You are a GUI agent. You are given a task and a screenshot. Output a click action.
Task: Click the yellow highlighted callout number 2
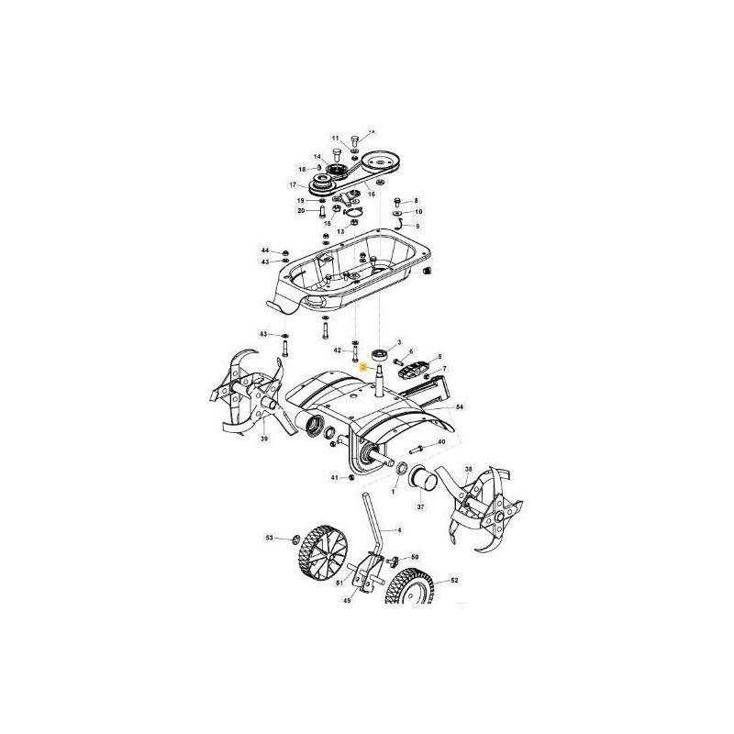tap(363, 364)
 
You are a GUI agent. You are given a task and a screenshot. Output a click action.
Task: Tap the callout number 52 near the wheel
tap(453, 581)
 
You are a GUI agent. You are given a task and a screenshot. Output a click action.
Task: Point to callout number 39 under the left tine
tap(264, 439)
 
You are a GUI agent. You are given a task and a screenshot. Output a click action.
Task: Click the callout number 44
tap(265, 250)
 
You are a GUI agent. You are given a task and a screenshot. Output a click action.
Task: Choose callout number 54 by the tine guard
tap(460, 406)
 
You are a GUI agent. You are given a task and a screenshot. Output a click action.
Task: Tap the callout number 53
tap(269, 537)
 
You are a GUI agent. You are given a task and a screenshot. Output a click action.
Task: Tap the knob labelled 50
tap(395, 559)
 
